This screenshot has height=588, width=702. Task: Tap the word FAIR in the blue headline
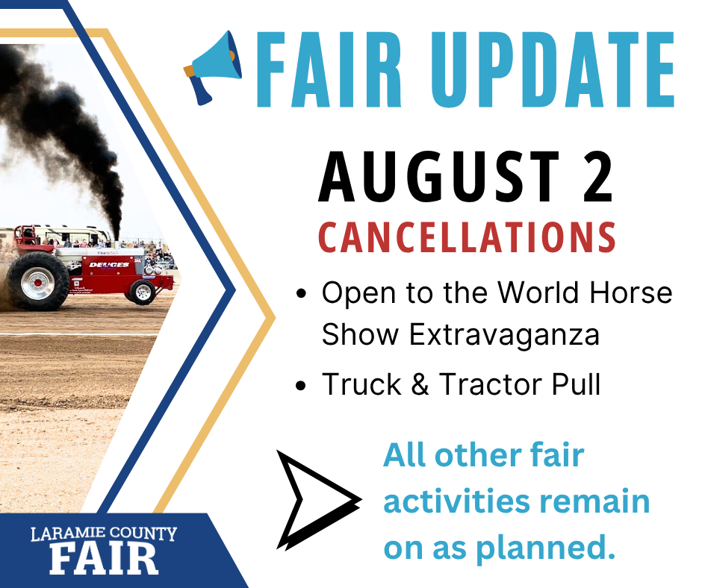pos(329,70)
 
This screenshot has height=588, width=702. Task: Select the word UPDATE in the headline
pos(553,70)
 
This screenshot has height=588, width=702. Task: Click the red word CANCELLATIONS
pos(467,237)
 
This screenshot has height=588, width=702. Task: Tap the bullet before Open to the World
pos(301,293)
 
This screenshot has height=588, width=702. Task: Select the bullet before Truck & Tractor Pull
pos(301,385)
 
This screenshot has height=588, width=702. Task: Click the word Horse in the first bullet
pos(631,293)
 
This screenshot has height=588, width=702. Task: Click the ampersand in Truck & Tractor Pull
pos(420,384)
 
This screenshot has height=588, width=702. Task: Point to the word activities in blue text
pos(456,501)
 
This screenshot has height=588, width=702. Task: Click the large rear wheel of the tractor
pos(38,281)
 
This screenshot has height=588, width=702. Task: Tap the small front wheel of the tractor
pos(143,293)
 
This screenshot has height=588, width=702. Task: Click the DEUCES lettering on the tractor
pos(109,264)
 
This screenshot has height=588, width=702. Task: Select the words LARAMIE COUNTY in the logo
pos(104,534)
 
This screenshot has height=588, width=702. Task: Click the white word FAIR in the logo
pos(104,560)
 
